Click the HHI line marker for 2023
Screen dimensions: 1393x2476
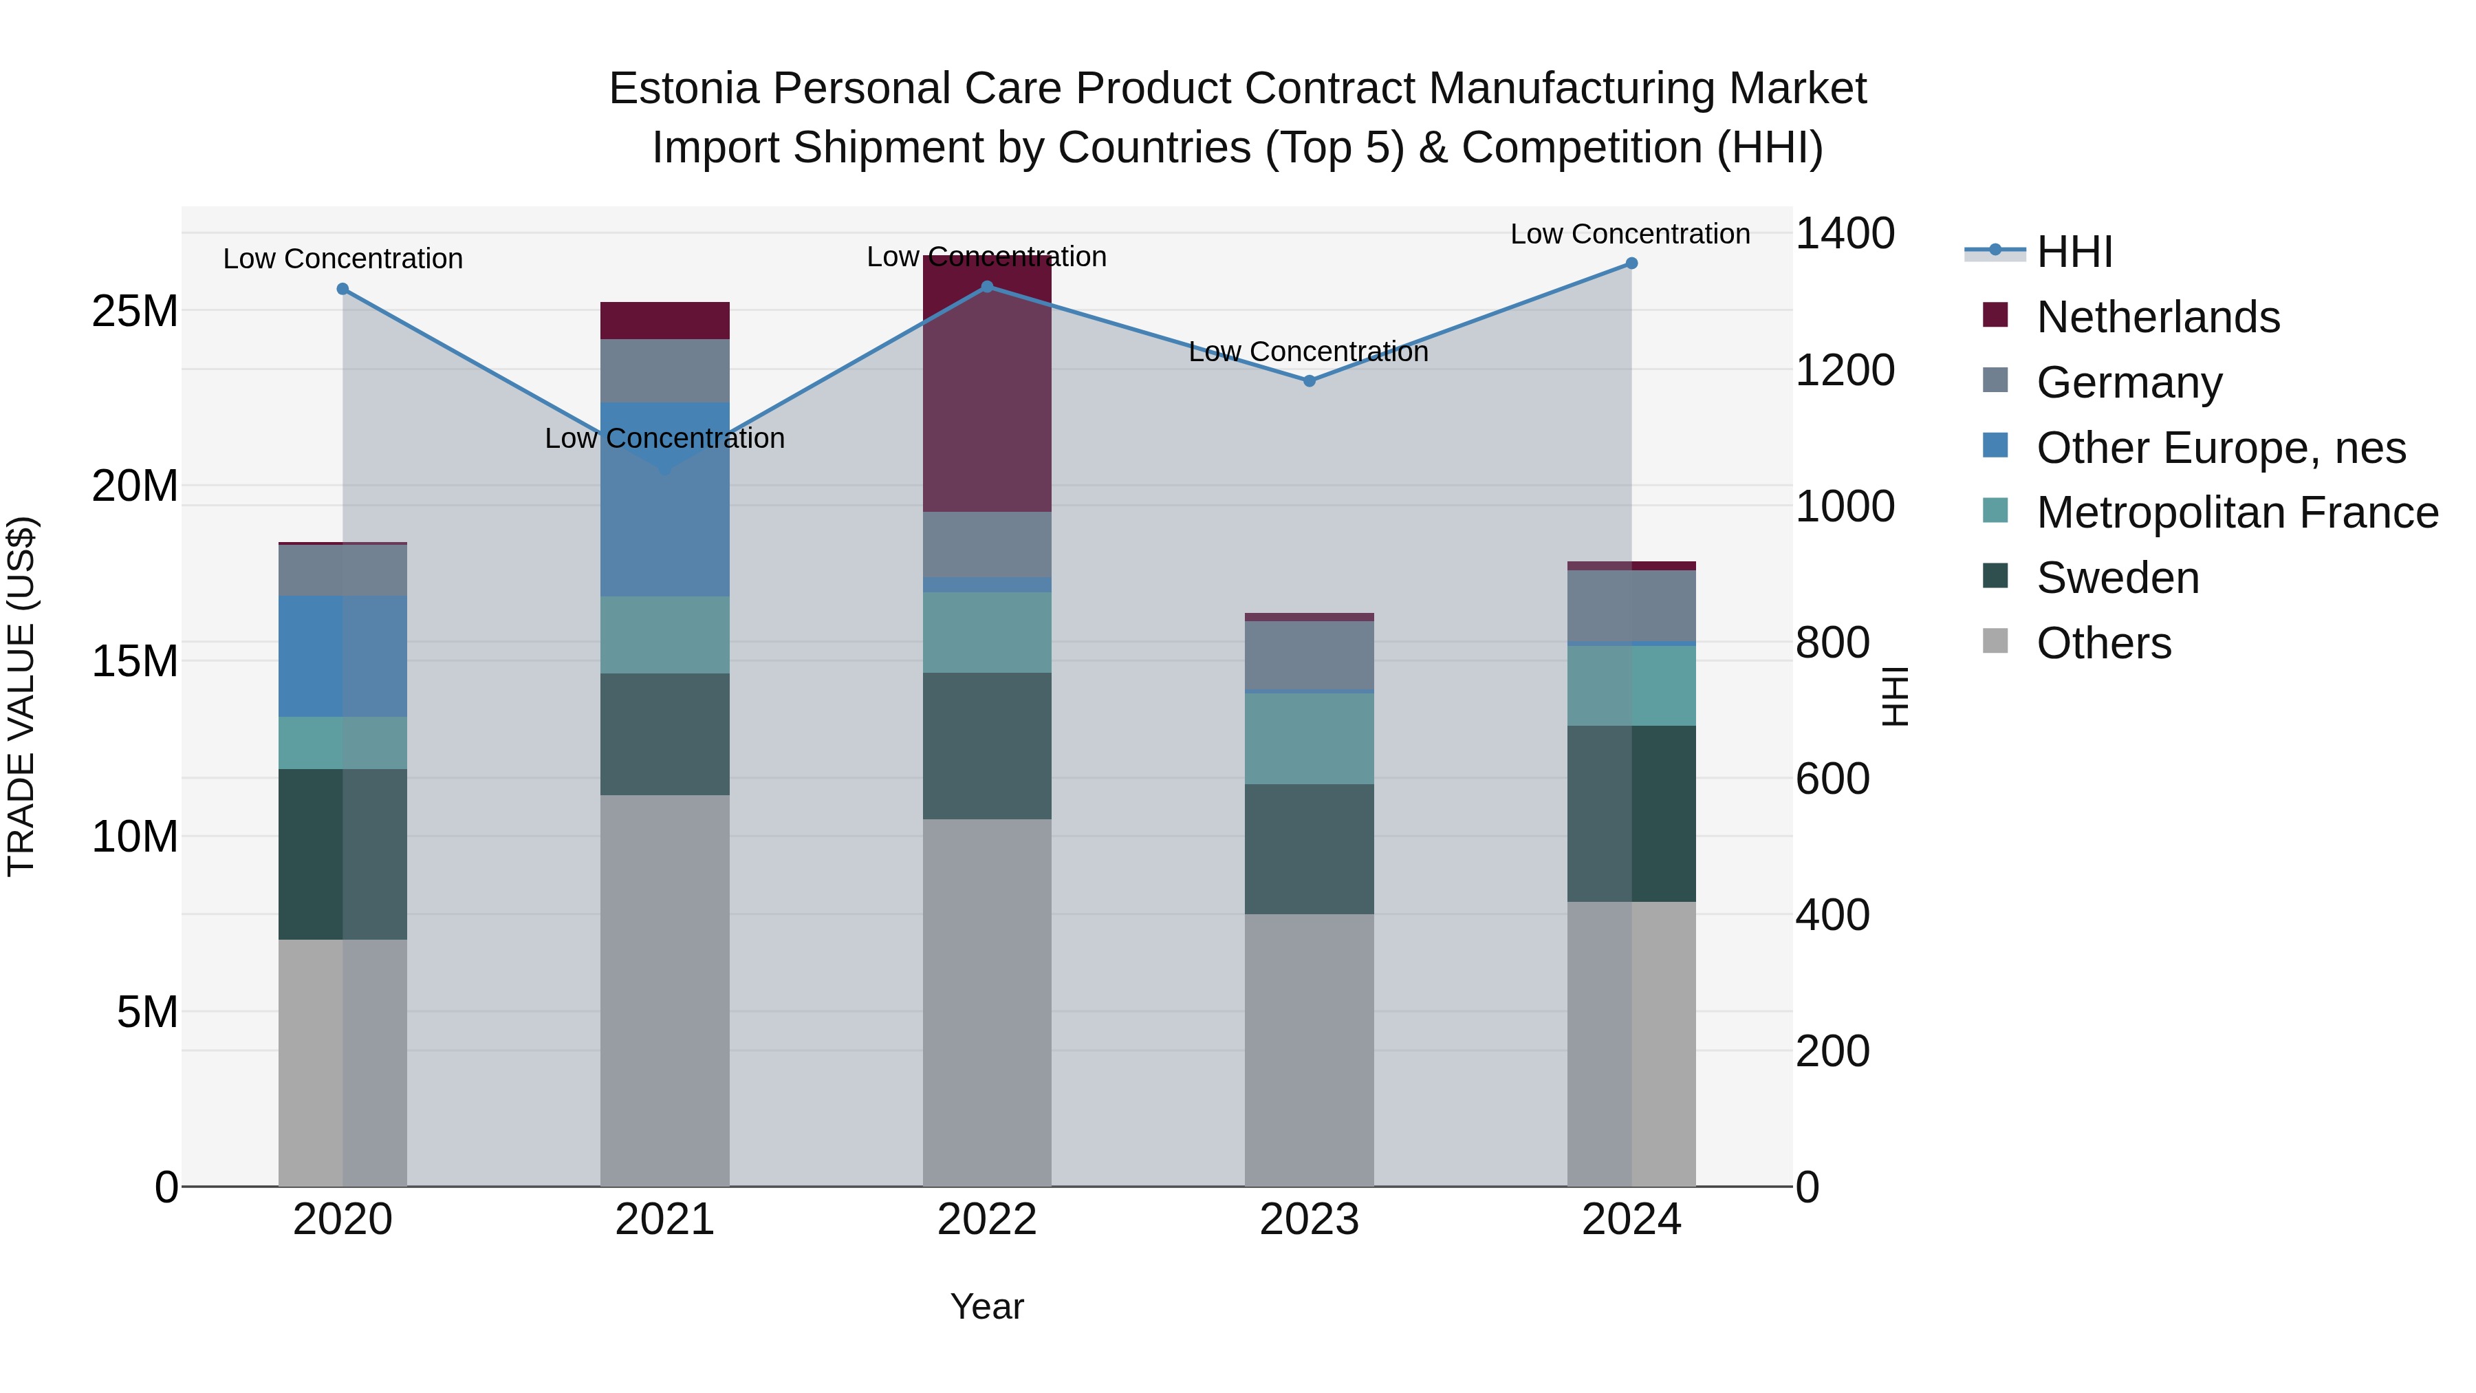(x=1309, y=380)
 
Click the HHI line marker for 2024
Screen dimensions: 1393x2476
(x=1631, y=263)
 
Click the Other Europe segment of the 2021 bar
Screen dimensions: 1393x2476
(x=665, y=500)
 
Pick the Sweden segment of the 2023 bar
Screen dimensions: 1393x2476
(x=1309, y=849)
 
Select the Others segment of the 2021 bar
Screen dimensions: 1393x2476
(x=665, y=990)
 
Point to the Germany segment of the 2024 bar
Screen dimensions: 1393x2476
(x=1631, y=605)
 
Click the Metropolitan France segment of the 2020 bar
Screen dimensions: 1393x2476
(x=343, y=743)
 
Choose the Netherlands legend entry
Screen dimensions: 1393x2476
(x=2158, y=317)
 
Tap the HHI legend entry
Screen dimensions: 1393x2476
(x=2074, y=252)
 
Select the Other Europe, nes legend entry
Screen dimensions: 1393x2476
(x=2220, y=448)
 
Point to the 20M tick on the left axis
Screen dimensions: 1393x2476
(x=135, y=486)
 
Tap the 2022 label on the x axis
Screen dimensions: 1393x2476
(x=987, y=1220)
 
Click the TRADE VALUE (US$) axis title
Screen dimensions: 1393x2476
(x=21, y=696)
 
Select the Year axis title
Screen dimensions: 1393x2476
(x=987, y=1306)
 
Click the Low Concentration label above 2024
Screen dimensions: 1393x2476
(x=1630, y=234)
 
